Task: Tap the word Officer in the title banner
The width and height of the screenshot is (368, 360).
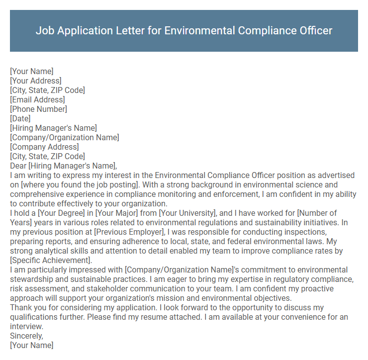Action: pyautogui.click(x=313, y=30)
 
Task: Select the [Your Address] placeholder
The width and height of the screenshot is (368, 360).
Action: pyautogui.click(x=36, y=81)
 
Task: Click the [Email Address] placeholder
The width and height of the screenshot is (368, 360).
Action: pyautogui.click(x=37, y=99)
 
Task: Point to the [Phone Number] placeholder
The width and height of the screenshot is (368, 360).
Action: pyautogui.click(x=38, y=109)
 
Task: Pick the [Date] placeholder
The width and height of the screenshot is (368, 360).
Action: pyautogui.click(x=20, y=118)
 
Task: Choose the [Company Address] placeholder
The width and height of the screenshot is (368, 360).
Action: pyautogui.click(x=44, y=147)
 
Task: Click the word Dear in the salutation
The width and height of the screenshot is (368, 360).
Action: pyautogui.click(x=18, y=166)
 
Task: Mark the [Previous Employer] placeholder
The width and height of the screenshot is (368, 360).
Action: pyautogui.click(x=131, y=232)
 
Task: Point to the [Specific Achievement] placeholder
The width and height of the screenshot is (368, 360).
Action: pyautogui.click(x=50, y=261)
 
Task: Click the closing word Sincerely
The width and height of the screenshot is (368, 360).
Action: pyautogui.click(x=26, y=336)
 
